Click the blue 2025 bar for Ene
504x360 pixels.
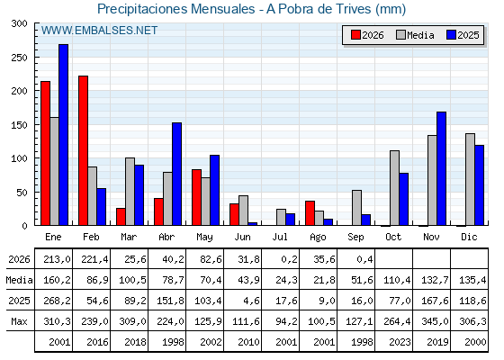click(63, 135)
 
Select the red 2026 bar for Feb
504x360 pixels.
click(83, 150)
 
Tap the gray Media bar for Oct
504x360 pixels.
click(395, 188)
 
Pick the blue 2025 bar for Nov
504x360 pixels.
click(442, 168)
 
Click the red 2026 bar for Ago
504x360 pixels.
click(310, 213)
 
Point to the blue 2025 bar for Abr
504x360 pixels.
click(176, 174)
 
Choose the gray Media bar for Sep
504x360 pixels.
click(356, 208)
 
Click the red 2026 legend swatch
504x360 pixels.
click(355, 35)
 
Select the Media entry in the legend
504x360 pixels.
click(415, 35)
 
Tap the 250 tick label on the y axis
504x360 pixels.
click(19, 58)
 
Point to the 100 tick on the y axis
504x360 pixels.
click(19, 158)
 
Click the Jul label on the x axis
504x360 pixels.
click(280, 237)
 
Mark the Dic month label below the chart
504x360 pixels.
click(469, 237)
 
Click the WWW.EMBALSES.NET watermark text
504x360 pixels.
click(99, 31)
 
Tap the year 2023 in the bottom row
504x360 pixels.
click(400, 342)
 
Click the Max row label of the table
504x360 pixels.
click(19, 321)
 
